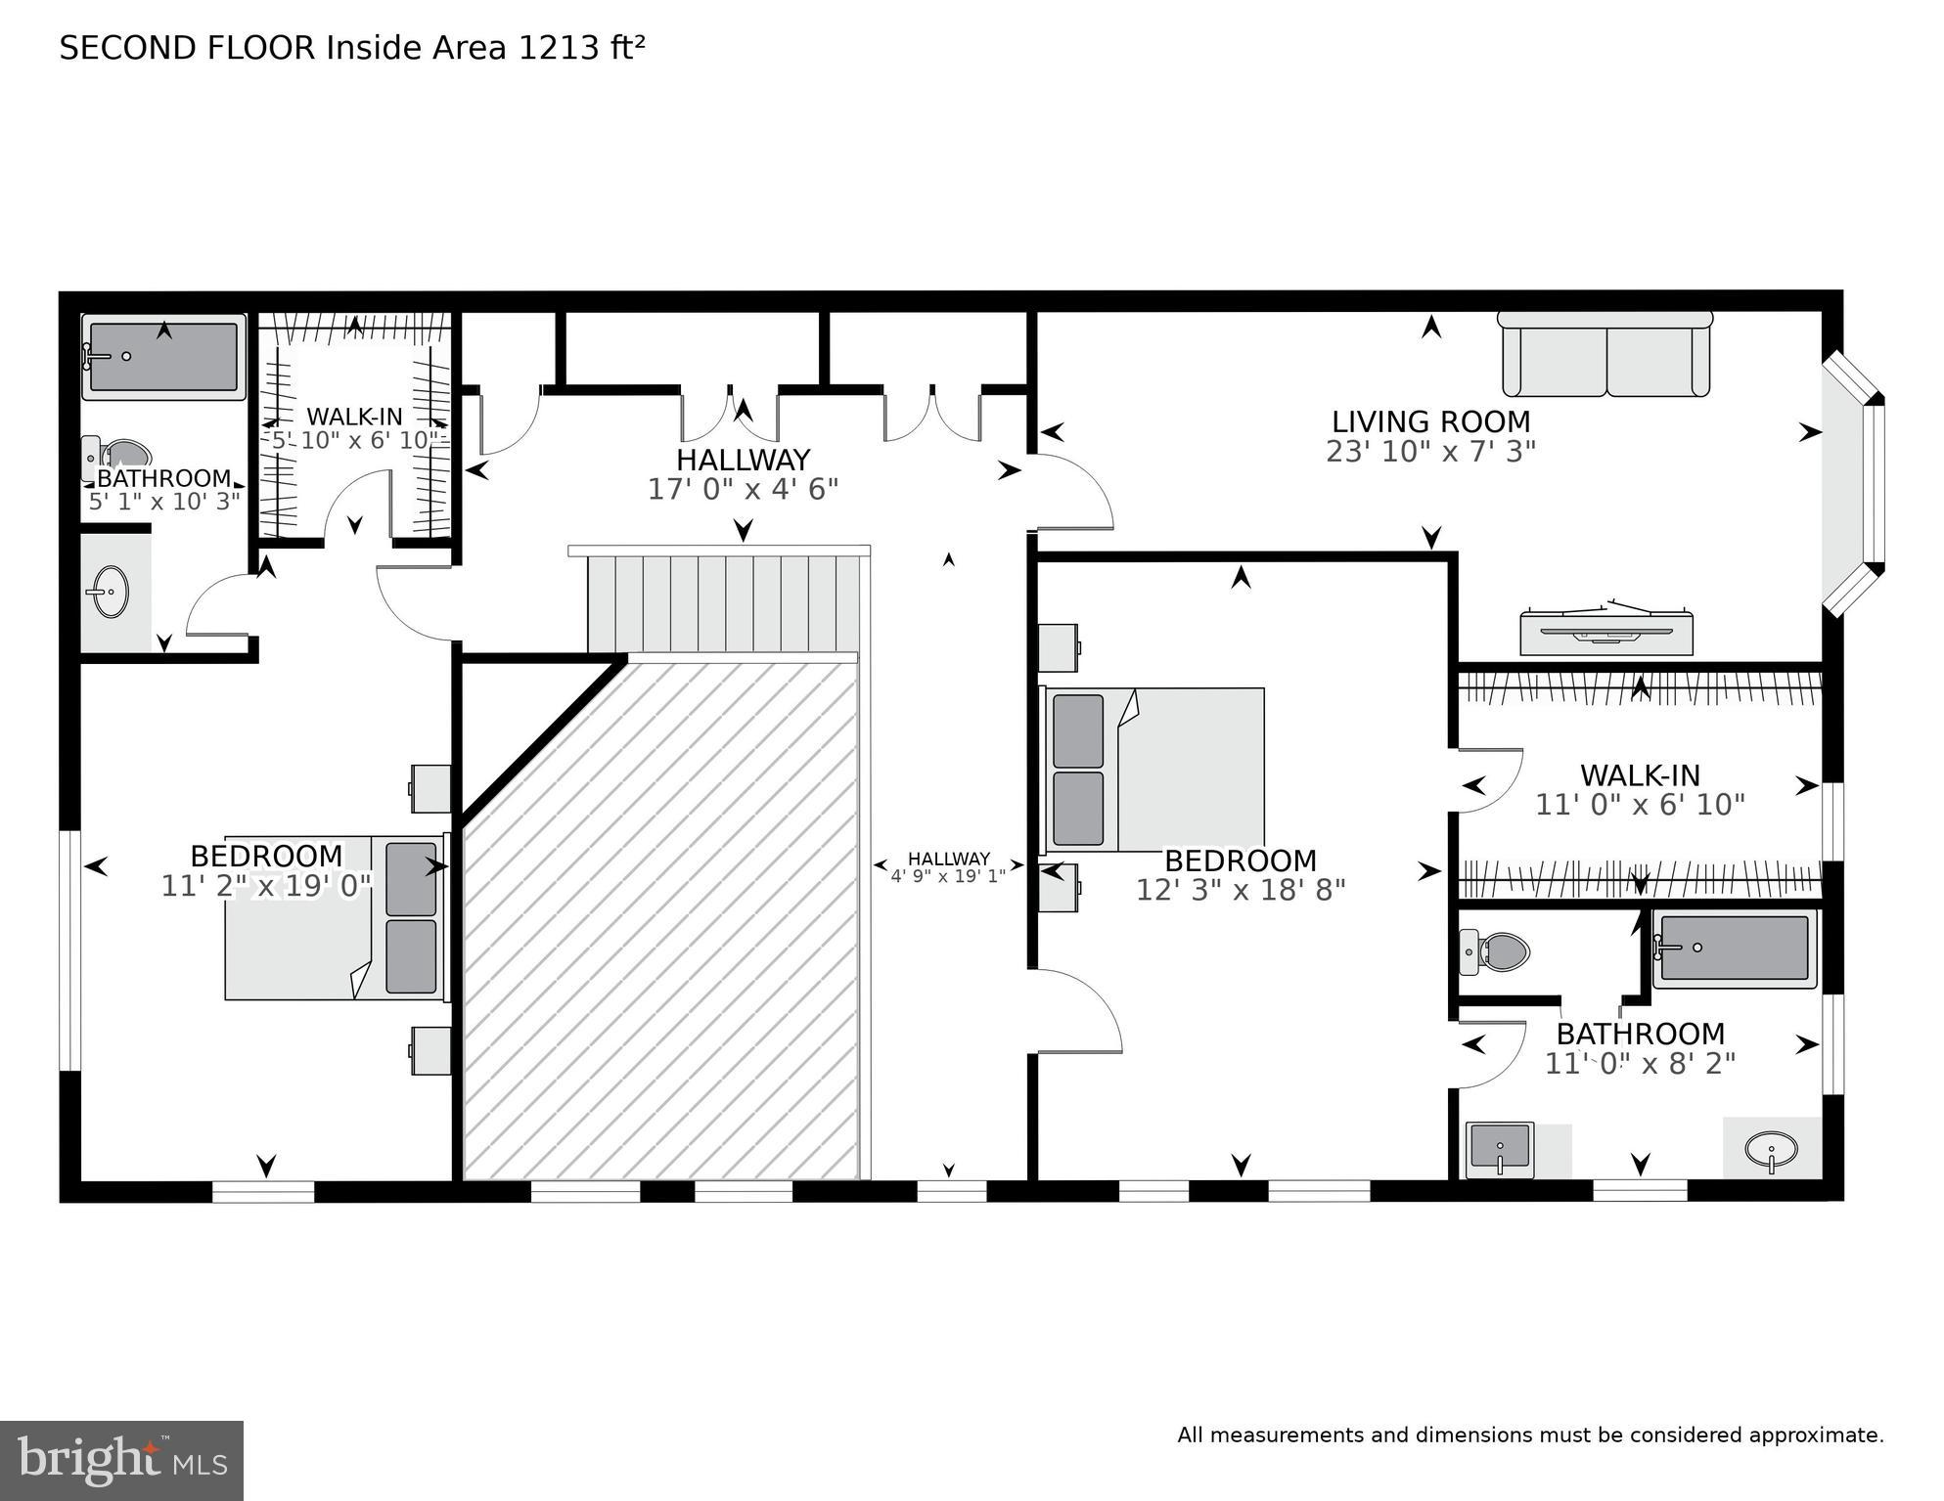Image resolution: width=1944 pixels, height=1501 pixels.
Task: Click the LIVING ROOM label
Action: pos(1429,422)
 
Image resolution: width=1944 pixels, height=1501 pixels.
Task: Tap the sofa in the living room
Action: pos(1605,356)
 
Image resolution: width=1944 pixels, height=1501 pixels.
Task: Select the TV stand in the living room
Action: pos(1605,634)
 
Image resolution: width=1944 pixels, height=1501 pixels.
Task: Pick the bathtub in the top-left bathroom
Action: pos(163,357)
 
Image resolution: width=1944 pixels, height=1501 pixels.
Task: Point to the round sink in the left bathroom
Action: pos(108,592)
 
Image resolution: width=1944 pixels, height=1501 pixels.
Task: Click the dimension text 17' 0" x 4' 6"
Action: pos(743,489)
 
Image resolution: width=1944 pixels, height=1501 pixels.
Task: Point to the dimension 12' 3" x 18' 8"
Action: pos(1240,890)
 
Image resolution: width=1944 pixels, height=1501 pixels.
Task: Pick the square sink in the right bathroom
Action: pos(1500,1149)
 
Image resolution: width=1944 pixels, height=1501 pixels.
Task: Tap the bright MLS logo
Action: pos(121,1461)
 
